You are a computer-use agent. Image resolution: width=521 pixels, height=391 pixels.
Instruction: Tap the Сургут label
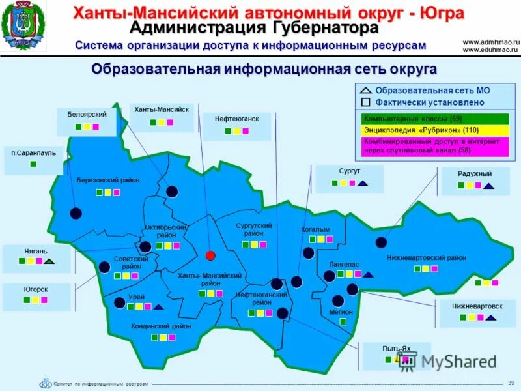(x=350, y=171)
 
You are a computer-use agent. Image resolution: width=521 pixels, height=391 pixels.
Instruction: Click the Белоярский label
(x=87, y=114)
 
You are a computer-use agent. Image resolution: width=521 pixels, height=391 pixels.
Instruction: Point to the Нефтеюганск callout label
(x=237, y=119)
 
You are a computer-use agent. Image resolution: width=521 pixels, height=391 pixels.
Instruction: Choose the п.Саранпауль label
(x=34, y=152)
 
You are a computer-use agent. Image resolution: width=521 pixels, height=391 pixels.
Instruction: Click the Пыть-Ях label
(x=397, y=348)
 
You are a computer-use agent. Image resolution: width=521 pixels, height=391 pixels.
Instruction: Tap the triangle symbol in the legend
(x=366, y=91)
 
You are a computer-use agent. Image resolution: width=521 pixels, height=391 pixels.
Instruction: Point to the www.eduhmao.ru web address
(x=490, y=50)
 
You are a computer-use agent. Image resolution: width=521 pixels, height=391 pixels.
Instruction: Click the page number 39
(x=511, y=382)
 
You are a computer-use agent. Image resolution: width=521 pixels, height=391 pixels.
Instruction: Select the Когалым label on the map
(x=315, y=229)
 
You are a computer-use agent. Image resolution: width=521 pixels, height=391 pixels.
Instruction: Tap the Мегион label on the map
(x=341, y=311)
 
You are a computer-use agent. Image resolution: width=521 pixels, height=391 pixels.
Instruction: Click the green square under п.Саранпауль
(x=34, y=164)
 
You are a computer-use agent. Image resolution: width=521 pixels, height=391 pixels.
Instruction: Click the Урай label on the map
(x=137, y=297)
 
